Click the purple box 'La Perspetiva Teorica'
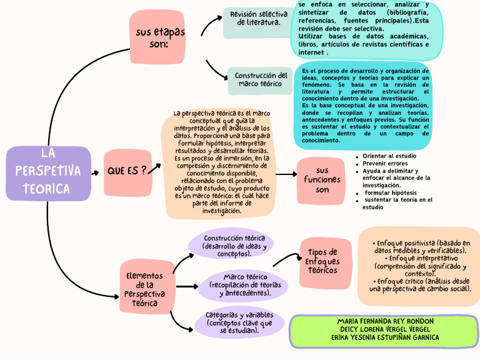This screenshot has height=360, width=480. point(48,173)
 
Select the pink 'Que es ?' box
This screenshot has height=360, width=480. point(127,171)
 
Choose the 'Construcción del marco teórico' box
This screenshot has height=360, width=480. point(260,80)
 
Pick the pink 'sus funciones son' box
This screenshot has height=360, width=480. point(321,180)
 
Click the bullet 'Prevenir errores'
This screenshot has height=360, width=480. point(385,163)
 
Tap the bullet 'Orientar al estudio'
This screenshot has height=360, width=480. point(389,156)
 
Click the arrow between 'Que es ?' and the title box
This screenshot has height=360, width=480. point(96,173)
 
